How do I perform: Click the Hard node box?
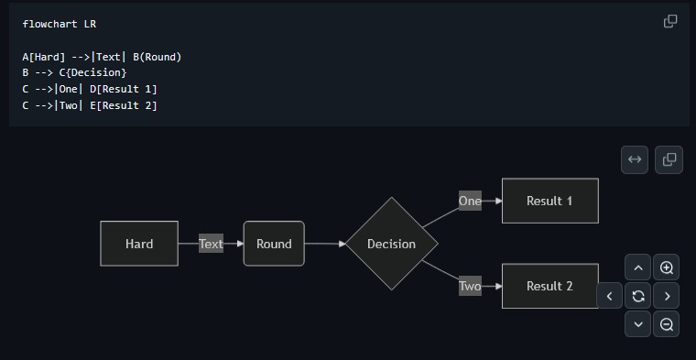[139, 244]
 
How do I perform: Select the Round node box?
[274, 244]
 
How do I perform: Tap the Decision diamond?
[391, 244]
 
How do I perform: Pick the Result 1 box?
[549, 201]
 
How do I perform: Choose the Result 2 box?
[549, 286]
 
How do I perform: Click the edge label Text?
[211, 244]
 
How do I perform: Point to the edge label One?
[470, 201]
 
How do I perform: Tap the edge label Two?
[470, 287]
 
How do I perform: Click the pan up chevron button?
[638, 268]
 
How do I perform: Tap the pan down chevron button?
[638, 323]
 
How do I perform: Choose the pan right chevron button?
[667, 296]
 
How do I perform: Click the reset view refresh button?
[638, 296]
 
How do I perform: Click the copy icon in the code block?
[670, 21]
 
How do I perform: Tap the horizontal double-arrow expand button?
[634, 159]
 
